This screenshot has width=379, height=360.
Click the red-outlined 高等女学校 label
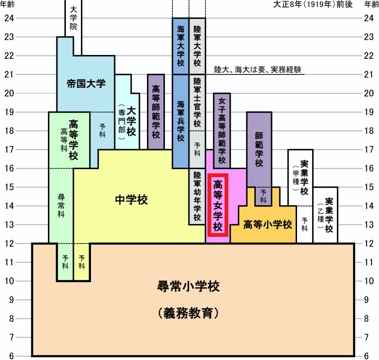218,205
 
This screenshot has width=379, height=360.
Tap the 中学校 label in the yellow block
131,200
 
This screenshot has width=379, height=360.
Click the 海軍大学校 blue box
180,45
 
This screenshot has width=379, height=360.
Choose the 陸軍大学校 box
197,45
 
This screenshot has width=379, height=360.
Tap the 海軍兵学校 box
180,121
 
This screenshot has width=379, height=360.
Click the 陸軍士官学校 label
197,102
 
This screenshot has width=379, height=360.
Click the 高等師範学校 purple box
156,111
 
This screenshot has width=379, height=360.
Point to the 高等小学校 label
267,225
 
